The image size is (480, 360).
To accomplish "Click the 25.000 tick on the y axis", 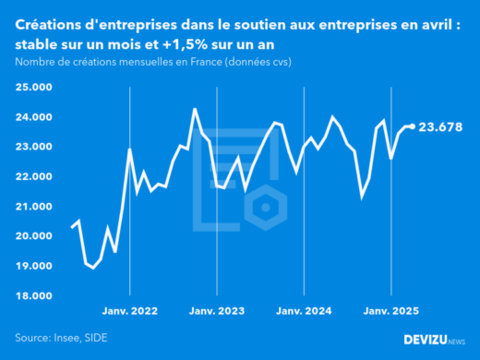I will click(34, 88).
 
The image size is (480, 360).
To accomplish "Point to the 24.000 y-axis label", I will click(34, 117).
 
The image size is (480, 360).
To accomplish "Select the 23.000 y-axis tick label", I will click(34, 147).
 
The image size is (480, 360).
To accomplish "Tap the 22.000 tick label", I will click(34, 176).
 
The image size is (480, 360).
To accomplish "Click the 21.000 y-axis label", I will click(34, 207).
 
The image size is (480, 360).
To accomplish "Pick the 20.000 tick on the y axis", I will click(34, 236).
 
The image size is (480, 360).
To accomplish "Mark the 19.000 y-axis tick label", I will click(34, 266).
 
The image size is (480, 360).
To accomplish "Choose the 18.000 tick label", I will click(34, 295).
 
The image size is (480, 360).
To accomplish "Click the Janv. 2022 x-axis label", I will click(130, 312).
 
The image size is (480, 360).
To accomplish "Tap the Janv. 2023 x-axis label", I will click(217, 312).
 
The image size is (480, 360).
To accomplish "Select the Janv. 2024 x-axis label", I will click(305, 312).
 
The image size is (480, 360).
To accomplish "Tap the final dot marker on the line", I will click(412, 126).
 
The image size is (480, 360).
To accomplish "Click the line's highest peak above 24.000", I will click(194, 109).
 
